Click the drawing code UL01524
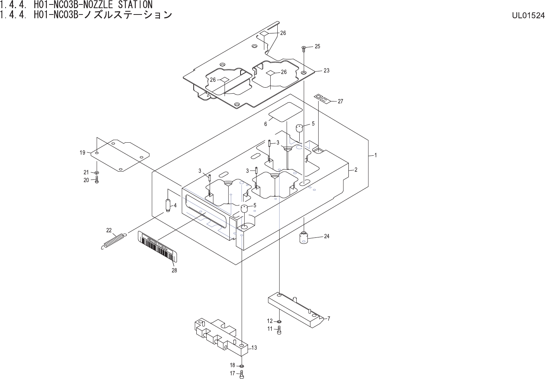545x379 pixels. (x=528, y=16)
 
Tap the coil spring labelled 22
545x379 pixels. (x=114, y=240)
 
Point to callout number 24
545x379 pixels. (x=327, y=236)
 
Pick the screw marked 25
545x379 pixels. (x=304, y=47)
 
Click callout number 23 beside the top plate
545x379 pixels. (x=326, y=71)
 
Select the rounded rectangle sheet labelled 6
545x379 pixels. (x=285, y=112)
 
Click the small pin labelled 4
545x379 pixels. (x=168, y=205)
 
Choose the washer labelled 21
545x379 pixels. (x=97, y=172)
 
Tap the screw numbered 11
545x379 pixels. (x=280, y=330)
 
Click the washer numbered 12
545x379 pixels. (x=280, y=321)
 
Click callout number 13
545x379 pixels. (x=254, y=348)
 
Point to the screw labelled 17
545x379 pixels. (x=242, y=374)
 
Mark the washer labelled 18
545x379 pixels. (x=242, y=366)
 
